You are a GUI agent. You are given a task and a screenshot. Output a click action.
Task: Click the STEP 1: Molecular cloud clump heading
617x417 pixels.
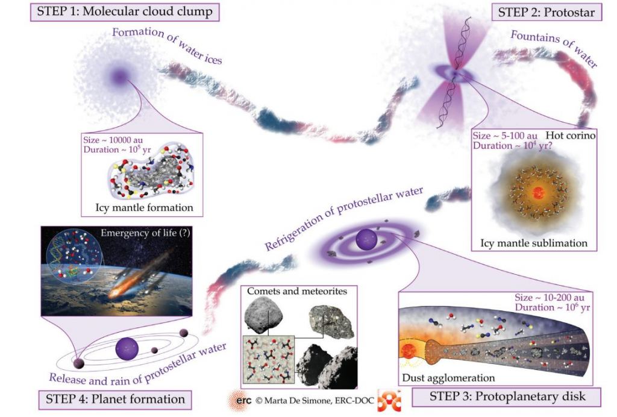tap(124, 11)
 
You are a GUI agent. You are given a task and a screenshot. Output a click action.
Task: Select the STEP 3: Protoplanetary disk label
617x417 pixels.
tap(507, 397)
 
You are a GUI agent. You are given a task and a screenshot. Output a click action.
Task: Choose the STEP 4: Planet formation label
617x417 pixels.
tap(115, 398)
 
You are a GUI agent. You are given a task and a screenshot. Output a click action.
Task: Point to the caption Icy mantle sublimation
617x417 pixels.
tap(533, 244)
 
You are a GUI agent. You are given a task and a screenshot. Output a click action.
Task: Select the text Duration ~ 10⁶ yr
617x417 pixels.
tap(551, 307)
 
